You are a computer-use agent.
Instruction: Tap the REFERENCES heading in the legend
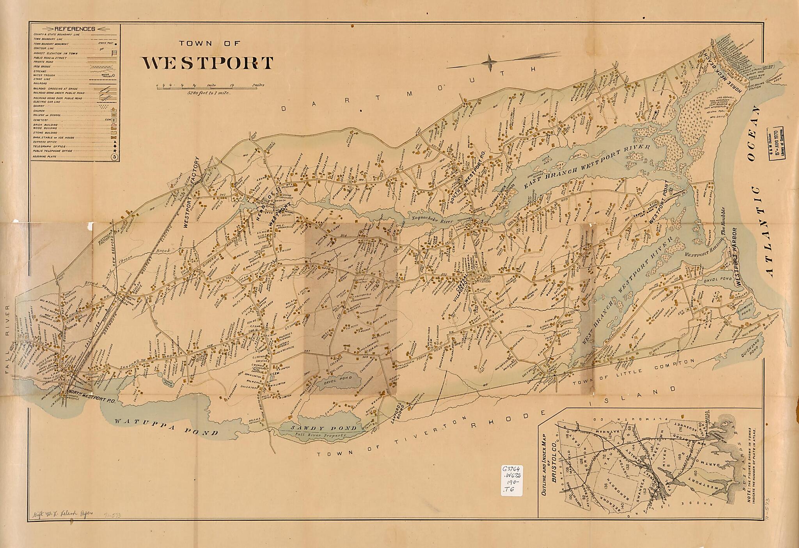(x=75, y=29)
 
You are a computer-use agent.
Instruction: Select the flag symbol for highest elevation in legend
(x=114, y=53)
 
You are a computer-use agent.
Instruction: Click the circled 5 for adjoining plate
(x=114, y=157)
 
